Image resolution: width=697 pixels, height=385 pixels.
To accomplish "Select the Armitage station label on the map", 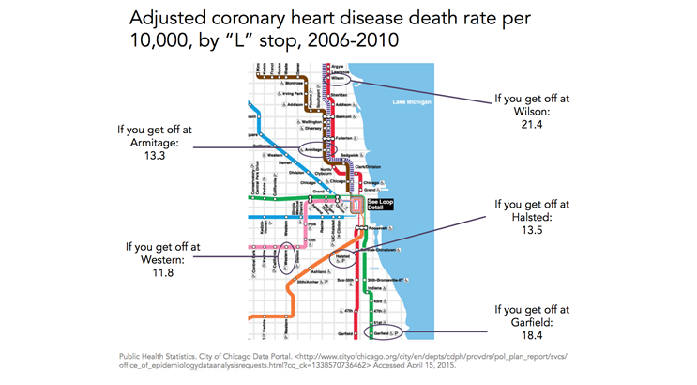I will [313, 149].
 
